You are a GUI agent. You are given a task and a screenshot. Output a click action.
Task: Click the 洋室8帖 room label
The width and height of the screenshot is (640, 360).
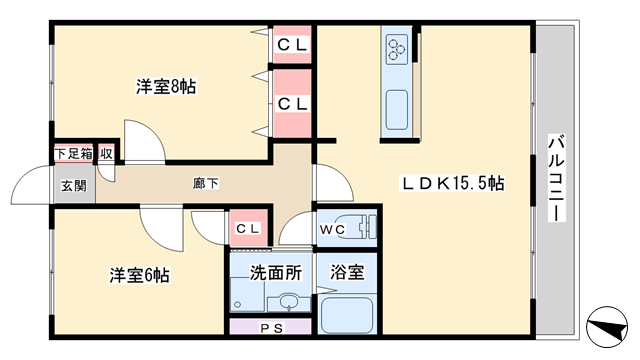coord(166,87)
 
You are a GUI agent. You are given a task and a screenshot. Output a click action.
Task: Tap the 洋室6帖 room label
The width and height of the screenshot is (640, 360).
coord(139,275)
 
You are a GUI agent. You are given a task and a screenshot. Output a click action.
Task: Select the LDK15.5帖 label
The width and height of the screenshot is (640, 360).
coord(453,183)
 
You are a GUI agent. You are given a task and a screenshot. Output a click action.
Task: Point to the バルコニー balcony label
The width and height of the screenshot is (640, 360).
coord(556,178)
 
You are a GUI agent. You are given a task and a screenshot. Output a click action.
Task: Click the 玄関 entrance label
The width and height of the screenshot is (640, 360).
coord(74,186)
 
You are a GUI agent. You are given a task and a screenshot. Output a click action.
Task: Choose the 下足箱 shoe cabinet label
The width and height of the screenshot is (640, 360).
coord(73,154)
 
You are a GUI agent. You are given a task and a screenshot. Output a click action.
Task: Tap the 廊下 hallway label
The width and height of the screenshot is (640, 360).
coord(205,183)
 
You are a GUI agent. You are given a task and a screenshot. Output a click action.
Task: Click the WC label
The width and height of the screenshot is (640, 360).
coord(332,230)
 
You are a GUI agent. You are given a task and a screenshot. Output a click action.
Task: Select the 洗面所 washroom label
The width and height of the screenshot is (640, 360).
coord(276,273)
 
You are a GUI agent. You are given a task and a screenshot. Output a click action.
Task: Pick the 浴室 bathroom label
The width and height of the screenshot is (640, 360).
coord(347,272)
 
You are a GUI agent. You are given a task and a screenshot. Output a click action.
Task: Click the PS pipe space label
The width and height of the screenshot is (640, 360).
coord(271,328)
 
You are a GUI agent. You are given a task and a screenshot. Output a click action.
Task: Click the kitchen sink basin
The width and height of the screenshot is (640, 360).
coord(397,110)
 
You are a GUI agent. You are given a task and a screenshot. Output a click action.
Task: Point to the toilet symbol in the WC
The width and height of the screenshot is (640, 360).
coord(367,227)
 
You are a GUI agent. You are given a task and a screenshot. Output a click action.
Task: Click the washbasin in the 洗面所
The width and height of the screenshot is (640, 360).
coord(289,302)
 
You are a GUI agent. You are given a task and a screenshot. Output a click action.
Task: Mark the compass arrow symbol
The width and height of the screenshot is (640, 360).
coord(607,327)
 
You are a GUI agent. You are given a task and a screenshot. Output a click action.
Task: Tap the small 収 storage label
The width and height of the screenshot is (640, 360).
coord(106,154)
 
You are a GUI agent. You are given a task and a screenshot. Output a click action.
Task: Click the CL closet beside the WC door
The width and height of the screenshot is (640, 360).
coord(248,229)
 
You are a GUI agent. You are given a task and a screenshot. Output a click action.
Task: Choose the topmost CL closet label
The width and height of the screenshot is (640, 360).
coord(292,45)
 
